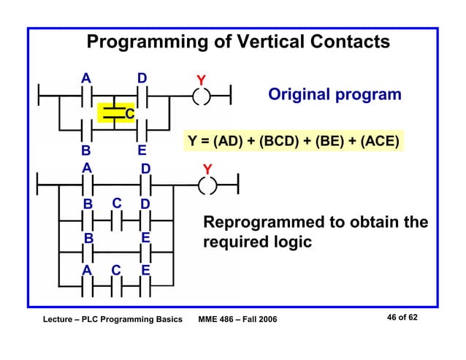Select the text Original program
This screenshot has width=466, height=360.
pyautogui.click(x=335, y=94)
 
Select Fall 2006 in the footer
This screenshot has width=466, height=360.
pyautogui.click(x=261, y=321)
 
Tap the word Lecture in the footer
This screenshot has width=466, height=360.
pyautogui.click(x=52, y=321)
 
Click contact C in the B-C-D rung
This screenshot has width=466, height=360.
pyautogui.click(x=116, y=218)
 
